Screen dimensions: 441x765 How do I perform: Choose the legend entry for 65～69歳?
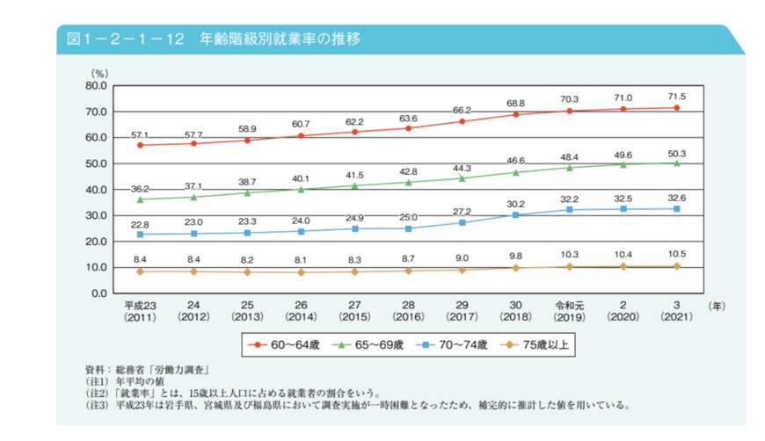point(371,344)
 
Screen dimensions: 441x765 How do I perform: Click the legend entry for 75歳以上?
point(543,344)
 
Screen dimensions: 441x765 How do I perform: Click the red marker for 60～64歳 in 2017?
point(463,121)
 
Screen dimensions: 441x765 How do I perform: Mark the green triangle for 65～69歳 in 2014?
point(302,189)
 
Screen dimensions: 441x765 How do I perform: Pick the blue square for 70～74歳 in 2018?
point(516,214)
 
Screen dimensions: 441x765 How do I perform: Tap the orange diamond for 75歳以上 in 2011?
point(140,271)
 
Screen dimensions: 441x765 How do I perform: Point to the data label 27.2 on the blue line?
point(463,212)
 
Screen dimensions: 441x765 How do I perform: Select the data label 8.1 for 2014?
point(302,260)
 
